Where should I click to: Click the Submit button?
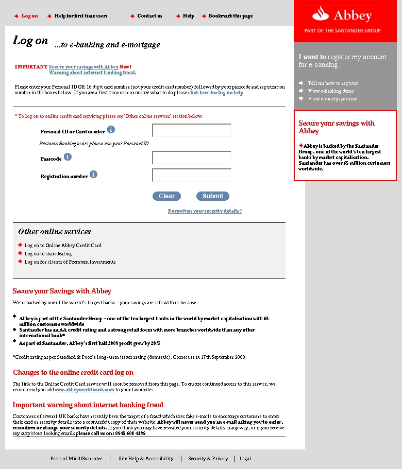[212, 196]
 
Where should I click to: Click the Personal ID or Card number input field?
[192, 131]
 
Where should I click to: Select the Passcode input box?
[192, 158]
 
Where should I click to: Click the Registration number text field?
[192, 175]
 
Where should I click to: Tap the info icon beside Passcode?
[68, 157]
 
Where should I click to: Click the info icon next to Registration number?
[93, 175]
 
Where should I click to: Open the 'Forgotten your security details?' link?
[205, 211]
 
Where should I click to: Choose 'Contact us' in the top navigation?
[149, 16]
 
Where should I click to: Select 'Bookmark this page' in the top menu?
[230, 16]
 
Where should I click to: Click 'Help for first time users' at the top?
[81, 16]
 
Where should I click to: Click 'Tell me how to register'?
[332, 83]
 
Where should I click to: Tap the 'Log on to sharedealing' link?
[48, 254]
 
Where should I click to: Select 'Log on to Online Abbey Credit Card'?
[63, 246]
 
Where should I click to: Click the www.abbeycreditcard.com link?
[85, 390]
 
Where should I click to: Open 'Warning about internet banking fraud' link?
[92, 73]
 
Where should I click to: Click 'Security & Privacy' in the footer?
[208, 459]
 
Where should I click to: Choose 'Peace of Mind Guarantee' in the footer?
[76, 459]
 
